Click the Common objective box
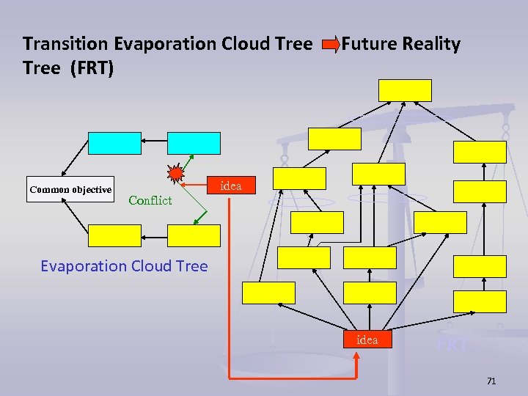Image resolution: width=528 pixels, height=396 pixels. pyautogui.click(x=70, y=189)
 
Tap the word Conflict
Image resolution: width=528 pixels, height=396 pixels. pyautogui.click(x=150, y=200)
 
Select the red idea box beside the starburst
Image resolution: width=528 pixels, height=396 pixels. pyautogui.click(x=230, y=186)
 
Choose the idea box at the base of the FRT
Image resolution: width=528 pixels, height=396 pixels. pyautogui.click(x=367, y=340)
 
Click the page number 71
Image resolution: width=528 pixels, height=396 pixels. pyautogui.click(x=491, y=381)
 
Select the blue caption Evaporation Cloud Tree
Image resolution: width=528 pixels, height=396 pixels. pyautogui.click(x=124, y=266)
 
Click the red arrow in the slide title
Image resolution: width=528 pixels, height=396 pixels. pyautogui.click(x=331, y=45)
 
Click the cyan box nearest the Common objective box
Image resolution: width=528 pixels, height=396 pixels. pyautogui.click(x=114, y=143)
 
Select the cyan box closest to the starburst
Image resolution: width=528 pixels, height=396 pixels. pyautogui.click(x=194, y=143)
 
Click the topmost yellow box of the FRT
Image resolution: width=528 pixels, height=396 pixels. pyautogui.click(x=405, y=90)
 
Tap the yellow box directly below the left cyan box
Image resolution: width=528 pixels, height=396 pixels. pyautogui.click(x=114, y=235)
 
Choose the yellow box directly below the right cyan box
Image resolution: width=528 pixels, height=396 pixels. pyautogui.click(x=194, y=235)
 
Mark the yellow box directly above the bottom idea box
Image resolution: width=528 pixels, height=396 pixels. pyautogui.click(x=370, y=293)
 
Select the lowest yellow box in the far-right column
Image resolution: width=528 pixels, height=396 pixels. pyautogui.click(x=480, y=301)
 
